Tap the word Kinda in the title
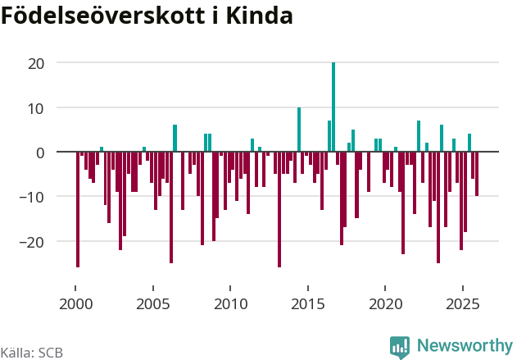coord(267,16)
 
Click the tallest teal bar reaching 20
coord(333,107)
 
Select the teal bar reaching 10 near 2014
coord(299,130)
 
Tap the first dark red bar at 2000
coord(78,209)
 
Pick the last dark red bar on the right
coord(477,174)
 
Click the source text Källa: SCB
coord(31,353)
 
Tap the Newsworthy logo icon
coord(400,347)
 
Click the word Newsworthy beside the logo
coord(464,346)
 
